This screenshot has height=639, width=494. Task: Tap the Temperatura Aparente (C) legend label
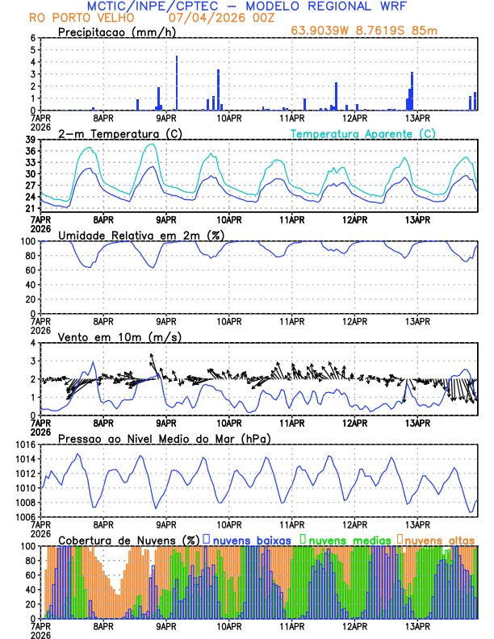[362, 133]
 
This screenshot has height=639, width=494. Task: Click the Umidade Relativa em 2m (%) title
[140, 235]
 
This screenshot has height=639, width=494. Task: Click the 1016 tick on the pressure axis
[25, 445]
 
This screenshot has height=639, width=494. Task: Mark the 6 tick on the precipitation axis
[32, 38]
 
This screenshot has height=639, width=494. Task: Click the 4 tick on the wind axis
[32, 343]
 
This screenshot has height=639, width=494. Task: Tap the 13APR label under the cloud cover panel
[417, 627]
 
